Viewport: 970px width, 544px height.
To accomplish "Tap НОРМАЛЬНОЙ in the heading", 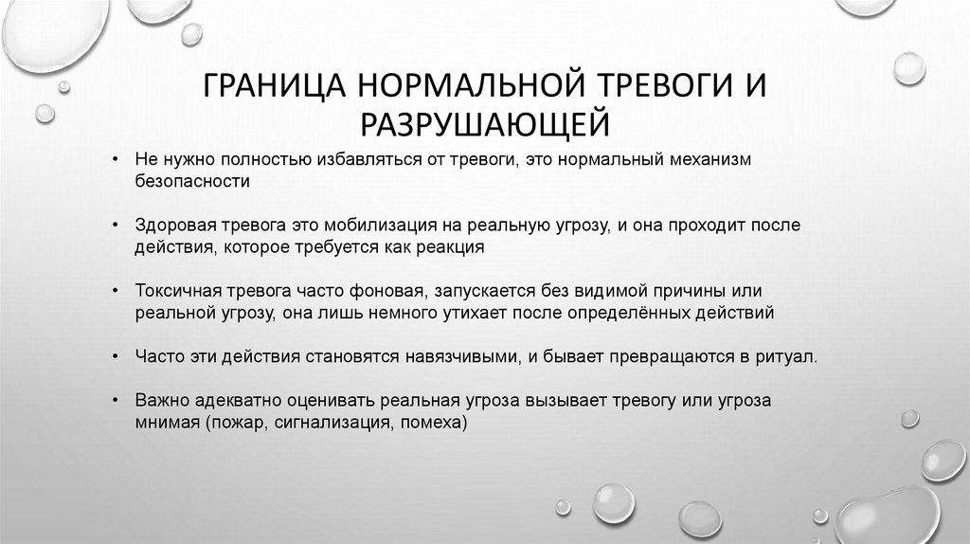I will coord(470,90).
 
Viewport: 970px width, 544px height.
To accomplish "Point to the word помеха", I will coord(434,422).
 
